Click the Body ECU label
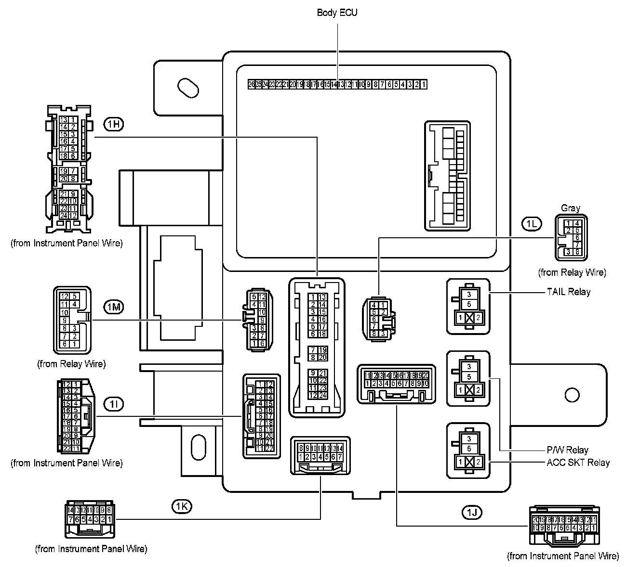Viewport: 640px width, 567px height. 337,13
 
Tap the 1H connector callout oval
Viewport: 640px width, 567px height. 114,124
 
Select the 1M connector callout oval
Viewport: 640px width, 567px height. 114,307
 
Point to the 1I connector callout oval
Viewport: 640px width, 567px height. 114,403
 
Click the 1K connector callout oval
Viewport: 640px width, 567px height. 182,506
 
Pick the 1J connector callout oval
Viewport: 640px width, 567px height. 471,512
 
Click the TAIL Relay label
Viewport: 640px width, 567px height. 568,292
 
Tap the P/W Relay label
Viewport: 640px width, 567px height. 567,451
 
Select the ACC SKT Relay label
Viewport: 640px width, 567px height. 578,463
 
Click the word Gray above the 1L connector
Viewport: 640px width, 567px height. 570,208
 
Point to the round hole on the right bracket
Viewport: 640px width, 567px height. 572,395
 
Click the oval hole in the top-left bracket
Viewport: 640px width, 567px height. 188,88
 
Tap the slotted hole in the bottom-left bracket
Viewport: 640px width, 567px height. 198,448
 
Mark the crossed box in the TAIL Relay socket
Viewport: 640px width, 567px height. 469,318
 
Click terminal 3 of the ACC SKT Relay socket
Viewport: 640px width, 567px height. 469,438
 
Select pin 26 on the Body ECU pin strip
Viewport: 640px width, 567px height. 251,84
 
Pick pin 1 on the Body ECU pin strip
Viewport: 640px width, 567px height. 423,84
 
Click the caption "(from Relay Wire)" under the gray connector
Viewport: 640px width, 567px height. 572,272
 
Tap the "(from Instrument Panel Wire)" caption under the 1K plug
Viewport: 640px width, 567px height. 91,549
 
